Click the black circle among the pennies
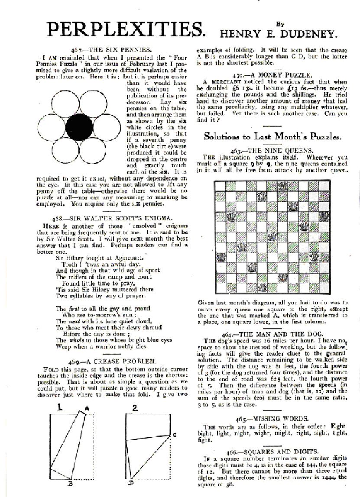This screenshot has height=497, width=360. coord(79,126)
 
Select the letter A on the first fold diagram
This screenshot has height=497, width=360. coord(87,407)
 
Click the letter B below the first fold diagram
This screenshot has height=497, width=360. coord(70,484)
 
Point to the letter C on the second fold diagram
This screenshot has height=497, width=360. coord(174,434)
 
